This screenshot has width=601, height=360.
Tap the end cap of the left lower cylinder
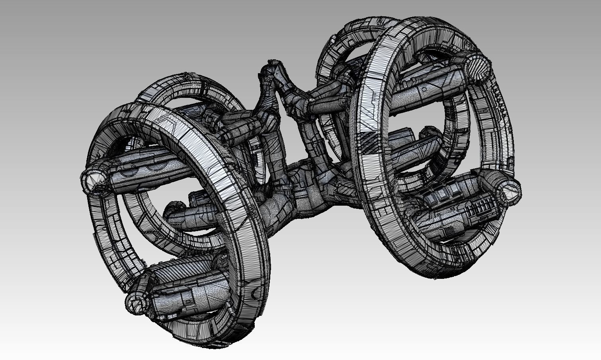pyautogui.click(x=136, y=303)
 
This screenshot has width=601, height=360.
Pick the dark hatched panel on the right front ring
pyautogui.click(x=372, y=141)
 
